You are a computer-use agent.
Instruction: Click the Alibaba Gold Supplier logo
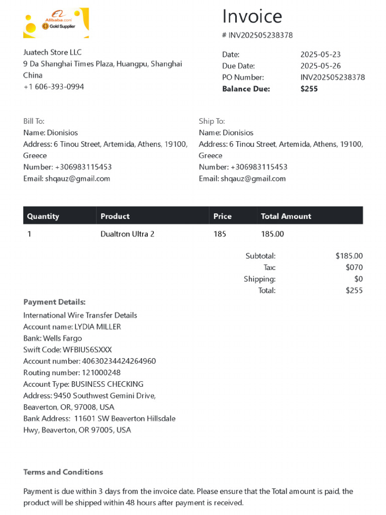(x=56, y=23)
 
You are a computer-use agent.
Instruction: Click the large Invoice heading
(x=252, y=17)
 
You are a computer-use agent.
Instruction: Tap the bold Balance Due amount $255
(x=309, y=89)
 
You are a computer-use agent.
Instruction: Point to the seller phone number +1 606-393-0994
(x=54, y=87)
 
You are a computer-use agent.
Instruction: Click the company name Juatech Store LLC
(x=52, y=52)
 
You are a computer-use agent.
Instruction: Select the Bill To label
(x=34, y=121)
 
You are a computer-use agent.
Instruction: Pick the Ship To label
(x=212, y=121)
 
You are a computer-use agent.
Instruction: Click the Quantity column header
(x=43, y=216)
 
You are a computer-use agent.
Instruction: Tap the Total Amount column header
(x=286, y=216)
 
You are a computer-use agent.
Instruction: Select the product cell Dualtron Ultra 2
(x=128, y=234)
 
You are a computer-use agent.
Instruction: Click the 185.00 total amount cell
(x=272, y=234)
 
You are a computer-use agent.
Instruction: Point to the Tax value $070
(x=354, y=268)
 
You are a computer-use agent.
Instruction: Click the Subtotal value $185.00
(x=349, y=256)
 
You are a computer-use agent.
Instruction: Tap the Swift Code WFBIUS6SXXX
(x=87, y=350)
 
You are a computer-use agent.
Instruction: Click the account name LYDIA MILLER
(x=98, y=327)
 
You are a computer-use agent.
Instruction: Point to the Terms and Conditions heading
(x=63, y=472)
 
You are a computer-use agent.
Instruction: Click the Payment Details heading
(x=54, y=302)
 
